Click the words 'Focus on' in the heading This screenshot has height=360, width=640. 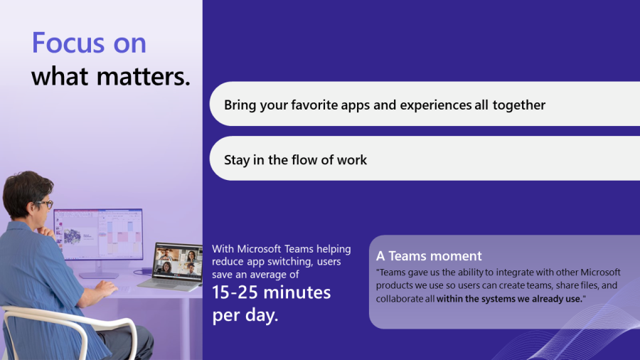89,43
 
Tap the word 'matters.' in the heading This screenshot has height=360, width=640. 144,76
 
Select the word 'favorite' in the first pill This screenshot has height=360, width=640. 314,105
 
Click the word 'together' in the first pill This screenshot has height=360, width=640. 519,105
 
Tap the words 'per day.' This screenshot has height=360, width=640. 245,315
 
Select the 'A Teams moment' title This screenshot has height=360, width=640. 429,256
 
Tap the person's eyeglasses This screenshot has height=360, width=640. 45,203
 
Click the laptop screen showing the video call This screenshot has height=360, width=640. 178,261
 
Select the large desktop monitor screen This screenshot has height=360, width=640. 98,233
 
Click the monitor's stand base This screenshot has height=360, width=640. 98,275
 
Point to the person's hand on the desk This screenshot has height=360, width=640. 107,288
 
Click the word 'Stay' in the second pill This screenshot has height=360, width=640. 237,160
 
